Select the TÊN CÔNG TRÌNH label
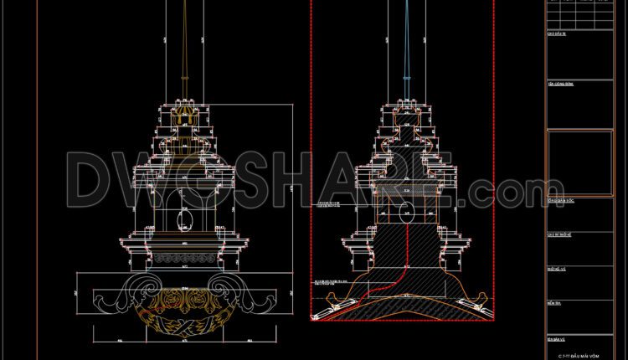559,85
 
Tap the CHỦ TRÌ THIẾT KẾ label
559,236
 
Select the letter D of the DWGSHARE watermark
92,180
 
